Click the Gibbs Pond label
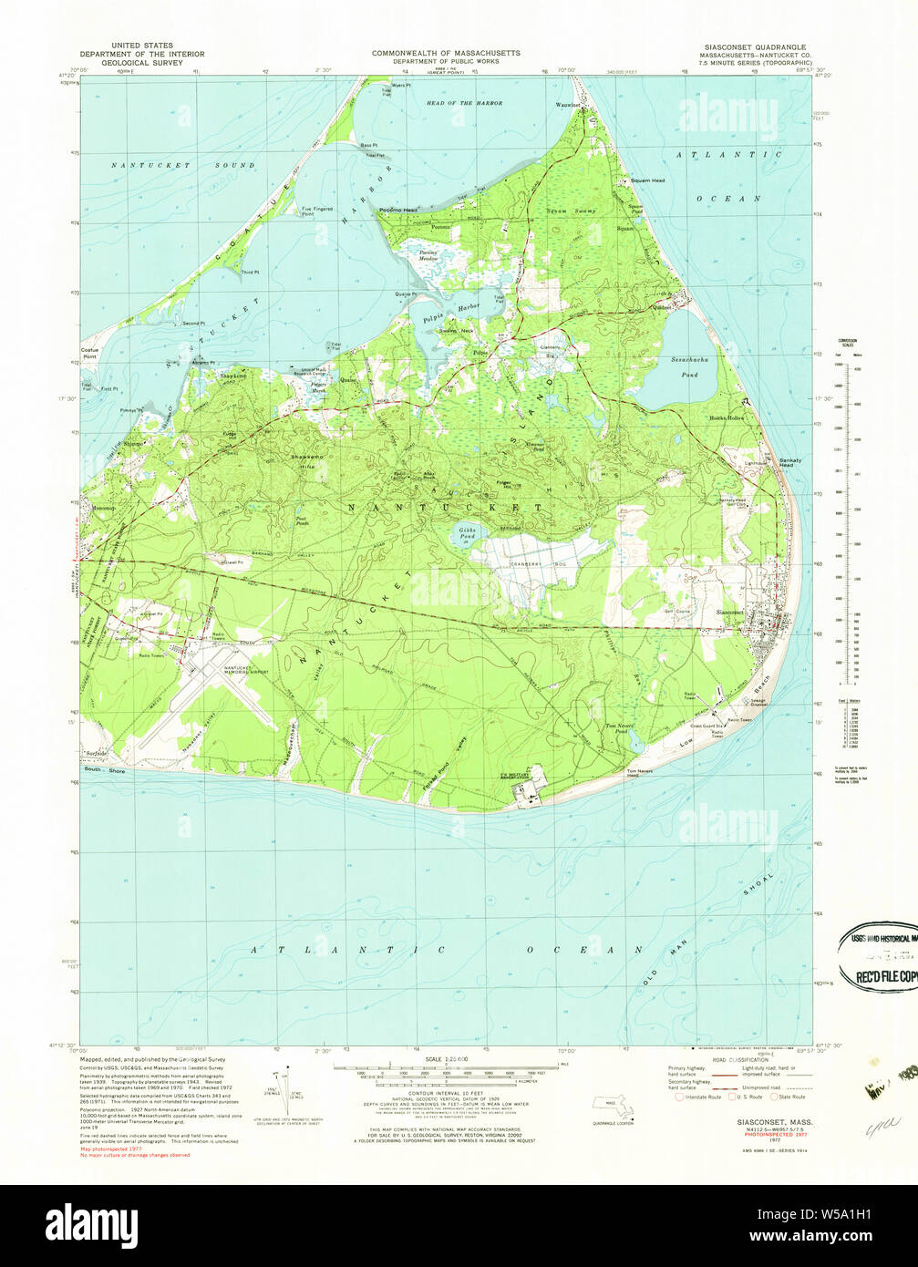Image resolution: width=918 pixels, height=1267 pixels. tap(466, 534)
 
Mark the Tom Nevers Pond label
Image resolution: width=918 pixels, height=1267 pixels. tap(619, 728)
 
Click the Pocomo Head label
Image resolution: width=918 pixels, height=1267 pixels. tap(397, 211)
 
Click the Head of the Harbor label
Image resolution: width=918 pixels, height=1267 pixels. tap(464, 103)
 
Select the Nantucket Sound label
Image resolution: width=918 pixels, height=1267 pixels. tap(183, 165)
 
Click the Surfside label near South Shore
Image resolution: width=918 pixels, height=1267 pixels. tap(97, 754)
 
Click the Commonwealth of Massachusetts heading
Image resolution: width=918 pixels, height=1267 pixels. tap(446, 53)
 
